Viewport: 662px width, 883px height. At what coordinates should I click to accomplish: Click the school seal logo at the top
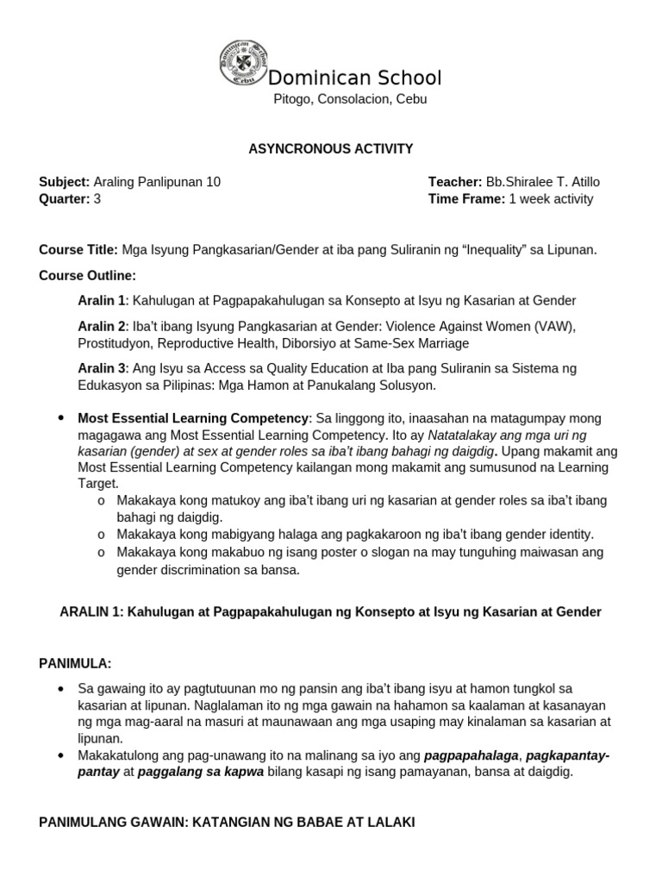pos(244,64)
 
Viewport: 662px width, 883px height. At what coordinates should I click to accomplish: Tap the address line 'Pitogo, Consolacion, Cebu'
pos(350,99)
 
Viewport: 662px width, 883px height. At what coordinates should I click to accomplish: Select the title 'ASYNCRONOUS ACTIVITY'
pos(331,149)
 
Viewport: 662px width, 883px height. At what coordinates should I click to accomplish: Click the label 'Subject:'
pos(65,182)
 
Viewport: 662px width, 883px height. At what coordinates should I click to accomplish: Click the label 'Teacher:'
pos(455,182)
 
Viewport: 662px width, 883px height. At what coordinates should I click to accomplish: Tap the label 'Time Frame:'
pos(466,199)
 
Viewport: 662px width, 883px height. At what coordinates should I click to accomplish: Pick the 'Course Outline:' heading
pos(87,276)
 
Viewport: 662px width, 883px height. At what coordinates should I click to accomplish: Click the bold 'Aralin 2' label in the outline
pos(102,327)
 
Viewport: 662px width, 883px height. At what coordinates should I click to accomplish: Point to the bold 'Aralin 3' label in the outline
pos(102,368)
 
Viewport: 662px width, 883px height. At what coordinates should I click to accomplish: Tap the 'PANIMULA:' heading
pos(76,663)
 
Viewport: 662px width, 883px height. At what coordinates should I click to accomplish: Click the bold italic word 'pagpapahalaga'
pos(472,755)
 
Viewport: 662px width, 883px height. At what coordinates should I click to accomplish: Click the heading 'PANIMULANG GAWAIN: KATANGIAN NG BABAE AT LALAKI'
pos(227,823)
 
